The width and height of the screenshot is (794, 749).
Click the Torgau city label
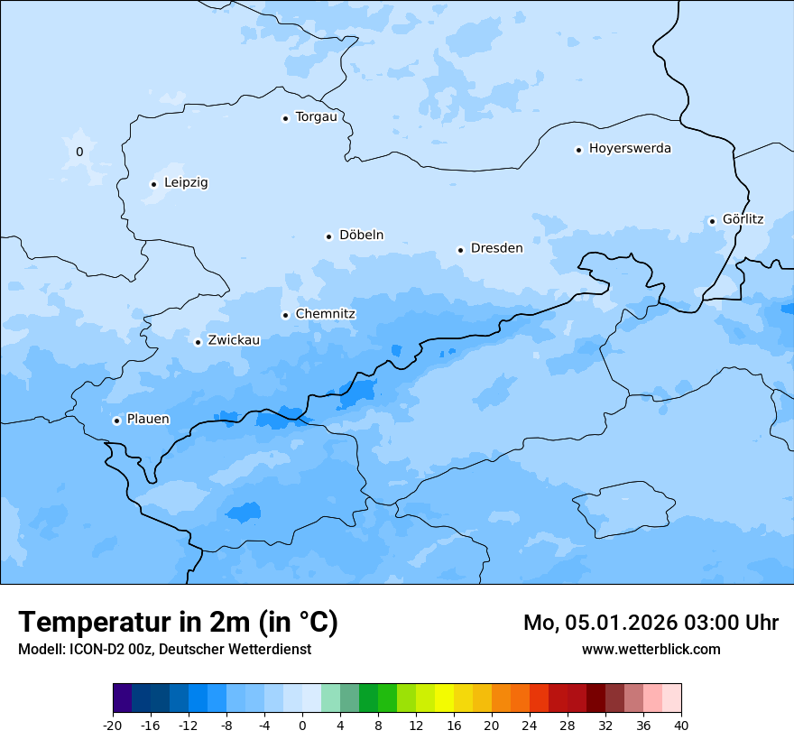(x=316, y=117)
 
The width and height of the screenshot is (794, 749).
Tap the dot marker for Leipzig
(x=153, y=184)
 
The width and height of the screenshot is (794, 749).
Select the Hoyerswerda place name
(x=630, y=149)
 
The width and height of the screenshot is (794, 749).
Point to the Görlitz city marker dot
(x=712, y=221)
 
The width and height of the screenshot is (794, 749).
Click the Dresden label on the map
(x=496, y=248)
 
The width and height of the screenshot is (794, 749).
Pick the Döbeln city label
(x=361, y=236)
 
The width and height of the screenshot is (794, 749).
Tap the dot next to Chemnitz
(x=285, y=315)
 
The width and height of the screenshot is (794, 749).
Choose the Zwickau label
(x=234, y=341)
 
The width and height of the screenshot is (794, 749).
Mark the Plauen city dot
(x=116, y=421)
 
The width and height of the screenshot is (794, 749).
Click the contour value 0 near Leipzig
(x=79, y=152)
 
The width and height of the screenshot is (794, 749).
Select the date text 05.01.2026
(x=622, y=623)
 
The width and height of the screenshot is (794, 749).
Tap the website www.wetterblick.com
(x=651, y=650)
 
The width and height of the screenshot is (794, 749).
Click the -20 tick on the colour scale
(x=113, y=725)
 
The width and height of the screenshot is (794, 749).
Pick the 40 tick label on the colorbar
(x=681, y=725)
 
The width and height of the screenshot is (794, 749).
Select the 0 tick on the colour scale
(x=302, y=725)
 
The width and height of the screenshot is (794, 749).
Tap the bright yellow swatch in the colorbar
(x=444, y=698)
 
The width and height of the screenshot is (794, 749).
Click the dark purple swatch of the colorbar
(x=123, y=698)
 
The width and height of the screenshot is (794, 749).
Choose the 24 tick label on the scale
(x=530, y=725)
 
